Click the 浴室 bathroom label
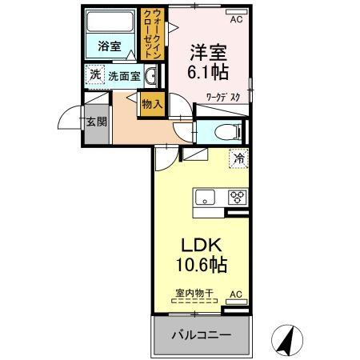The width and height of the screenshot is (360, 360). pyautogui.click(x=110, y=47)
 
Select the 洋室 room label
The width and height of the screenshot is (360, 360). pyautogui.click(x=207, y=53)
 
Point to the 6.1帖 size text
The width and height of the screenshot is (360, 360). pyautogui.click(x=207, y=71)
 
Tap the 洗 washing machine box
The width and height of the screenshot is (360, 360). pyautogui.click(x=95, y=76)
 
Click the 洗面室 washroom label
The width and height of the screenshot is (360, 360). pyautogui.click(x=125, y=77)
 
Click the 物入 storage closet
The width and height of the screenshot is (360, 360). pyautogui.click(x=151, y=103)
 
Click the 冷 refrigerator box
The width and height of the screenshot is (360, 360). pyautogui.click(x=238, y=158)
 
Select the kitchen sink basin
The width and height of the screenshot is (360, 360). pyautogui.click(x=204, y=196)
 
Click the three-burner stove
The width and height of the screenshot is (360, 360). pyautogui.click(x=238, y=196)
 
